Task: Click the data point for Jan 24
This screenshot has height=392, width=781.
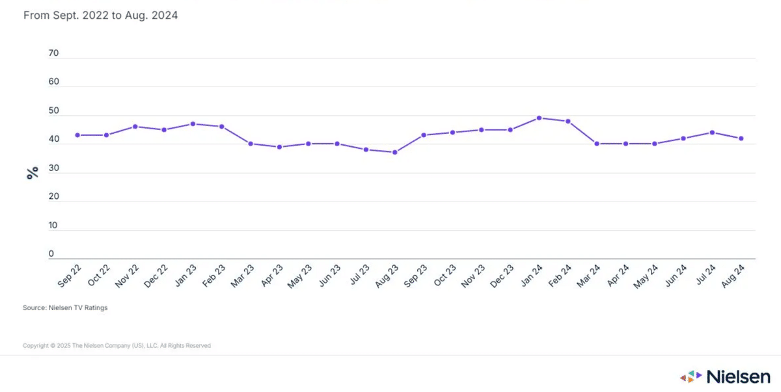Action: click(x=539, y=118)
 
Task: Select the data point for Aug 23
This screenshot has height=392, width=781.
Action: click(x=394, y=152)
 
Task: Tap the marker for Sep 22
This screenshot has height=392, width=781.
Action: click(x=77, y=135)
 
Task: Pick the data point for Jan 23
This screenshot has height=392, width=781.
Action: click(x=193, y=124)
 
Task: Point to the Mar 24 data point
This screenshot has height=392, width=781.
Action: click(x=597, y=144)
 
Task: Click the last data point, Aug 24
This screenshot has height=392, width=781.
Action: click(x=741, y=138)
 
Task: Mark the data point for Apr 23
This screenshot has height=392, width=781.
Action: click(x=279, y=147)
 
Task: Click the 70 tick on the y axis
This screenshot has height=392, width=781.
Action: click(x=53, y=53)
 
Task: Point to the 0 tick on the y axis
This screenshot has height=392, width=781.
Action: click(x=51, y=254)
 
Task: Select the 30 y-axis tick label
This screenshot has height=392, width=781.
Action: click(x=53, y=168)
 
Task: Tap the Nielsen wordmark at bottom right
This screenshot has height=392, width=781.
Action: click(x=739, y=376)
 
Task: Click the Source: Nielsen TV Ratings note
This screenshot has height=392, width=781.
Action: click(x=65, y=308)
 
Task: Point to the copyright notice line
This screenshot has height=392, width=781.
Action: click(x=116, y=346)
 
